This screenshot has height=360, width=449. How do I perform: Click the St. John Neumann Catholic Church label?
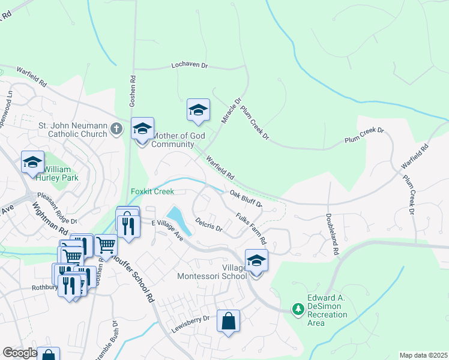(x=72, y=130)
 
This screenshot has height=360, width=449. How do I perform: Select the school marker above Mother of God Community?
(x=142, y=130)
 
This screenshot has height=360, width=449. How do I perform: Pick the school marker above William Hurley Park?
(x=33, y=163)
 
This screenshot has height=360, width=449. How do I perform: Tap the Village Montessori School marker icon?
(x=256, y=262)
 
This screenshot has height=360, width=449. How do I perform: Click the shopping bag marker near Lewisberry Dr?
(x=229, y=322)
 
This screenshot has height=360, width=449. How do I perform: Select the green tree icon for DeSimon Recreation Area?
(x=298, y=309)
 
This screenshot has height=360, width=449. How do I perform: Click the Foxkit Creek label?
(x=152, y=192)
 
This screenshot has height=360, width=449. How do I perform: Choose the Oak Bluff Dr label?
(x=246, y=199)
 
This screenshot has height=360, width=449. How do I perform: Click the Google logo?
(x=19, y=353)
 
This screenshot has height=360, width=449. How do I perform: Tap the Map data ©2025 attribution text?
(x=423, y=355)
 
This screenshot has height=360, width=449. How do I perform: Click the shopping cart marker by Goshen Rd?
(x=106, y=245)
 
